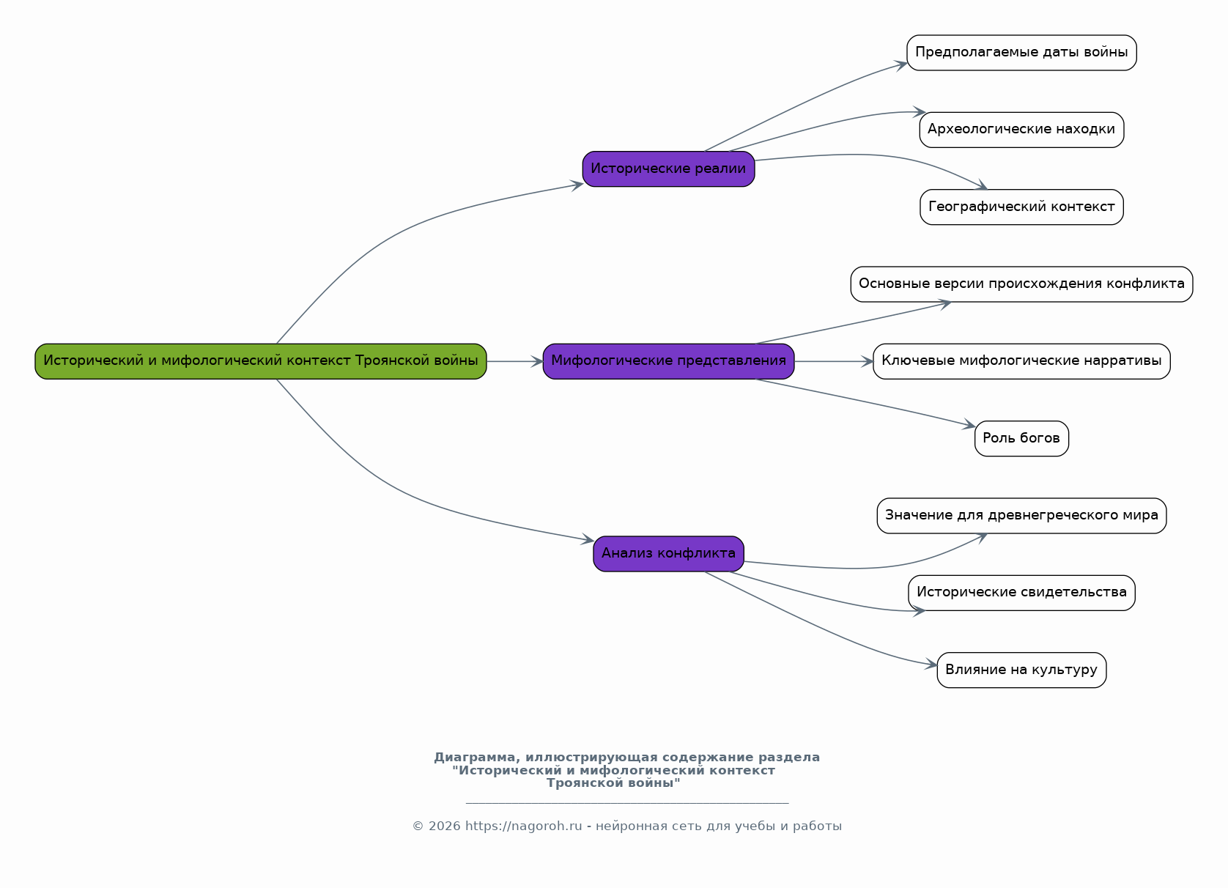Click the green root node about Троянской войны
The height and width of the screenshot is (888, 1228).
[x=260, y=361]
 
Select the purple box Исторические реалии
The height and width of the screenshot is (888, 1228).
[x=668, y=169]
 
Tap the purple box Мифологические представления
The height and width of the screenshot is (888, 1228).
[x=668, y=361]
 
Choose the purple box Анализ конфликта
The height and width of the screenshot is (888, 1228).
[x=668, y=554]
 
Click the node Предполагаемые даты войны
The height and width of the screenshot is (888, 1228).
[x=1021, y=53]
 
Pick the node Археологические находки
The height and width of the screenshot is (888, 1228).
[x=1021, y=130]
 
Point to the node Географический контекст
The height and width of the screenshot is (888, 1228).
[x=1021, y=207]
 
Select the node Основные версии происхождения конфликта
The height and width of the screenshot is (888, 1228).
[x=1021, y=284]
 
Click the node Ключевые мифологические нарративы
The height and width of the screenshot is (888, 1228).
[x=1021, y=361]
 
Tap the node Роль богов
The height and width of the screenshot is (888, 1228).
[x=1021, y=439]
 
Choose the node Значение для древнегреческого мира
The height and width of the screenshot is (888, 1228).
[x=1021, y=515]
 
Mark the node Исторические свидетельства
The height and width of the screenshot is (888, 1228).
[x=1021, y=593]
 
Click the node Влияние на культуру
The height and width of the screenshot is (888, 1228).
[x=1021, y=670]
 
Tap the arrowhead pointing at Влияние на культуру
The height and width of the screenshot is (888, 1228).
[x=931, y=665]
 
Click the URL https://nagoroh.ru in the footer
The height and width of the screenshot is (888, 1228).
[x=524, y=826]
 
